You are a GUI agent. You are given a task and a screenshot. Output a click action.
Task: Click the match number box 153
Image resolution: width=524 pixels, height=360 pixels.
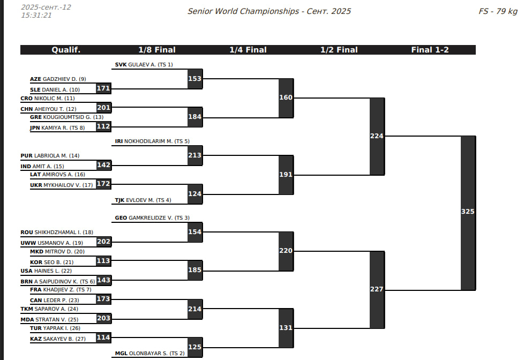pyautogui.click(x=195, y=79)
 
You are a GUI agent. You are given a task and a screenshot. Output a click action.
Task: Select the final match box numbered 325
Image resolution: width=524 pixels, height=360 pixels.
pyautogui.click(x=468, y=212)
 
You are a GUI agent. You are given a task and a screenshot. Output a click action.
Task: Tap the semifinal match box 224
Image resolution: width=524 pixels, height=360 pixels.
pyautogui.click(x=377, y=136)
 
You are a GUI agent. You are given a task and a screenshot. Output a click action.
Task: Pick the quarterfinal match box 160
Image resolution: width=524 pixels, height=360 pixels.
pyautogui.click(x=286, y=98)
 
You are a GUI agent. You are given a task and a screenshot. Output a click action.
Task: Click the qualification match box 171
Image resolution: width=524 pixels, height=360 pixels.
pyautogui.click(x=103, y=88)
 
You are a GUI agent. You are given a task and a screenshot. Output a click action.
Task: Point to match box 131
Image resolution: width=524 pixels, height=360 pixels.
pyautogui.click(x=286, y=328)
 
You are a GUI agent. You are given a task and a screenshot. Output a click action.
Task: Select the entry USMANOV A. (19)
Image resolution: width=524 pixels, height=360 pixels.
pyautogui.click(x=60, y=243)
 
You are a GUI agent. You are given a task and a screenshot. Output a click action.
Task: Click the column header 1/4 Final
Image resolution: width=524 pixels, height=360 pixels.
pyautogui.click(x=248, y=50)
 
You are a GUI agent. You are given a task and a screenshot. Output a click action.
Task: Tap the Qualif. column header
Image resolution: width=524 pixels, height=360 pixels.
pyautogui.click(x=66, y=50)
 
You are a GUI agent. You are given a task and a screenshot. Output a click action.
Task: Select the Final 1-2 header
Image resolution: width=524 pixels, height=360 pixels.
pyautogui.click(x=430, y=50)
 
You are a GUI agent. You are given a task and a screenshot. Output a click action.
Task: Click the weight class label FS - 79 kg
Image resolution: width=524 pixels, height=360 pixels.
pyautogui.click(x=498, y=11)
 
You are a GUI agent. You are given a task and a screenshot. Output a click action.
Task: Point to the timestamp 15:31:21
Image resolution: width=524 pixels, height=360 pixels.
pyautogui.click(x=36, y=15)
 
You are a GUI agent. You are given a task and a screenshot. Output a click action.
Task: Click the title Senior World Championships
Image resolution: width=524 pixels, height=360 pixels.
pyautogui.click(x=243, y=11)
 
